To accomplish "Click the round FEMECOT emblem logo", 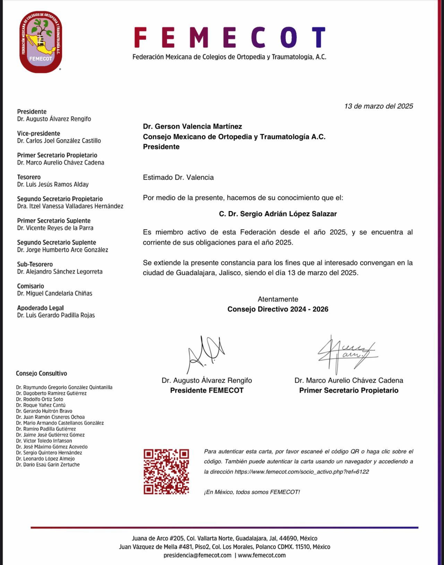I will [x=41, y=42].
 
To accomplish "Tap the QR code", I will [x=166, y=471].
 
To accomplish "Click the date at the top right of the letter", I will [x=378, y=106].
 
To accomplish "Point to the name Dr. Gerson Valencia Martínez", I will [x=193, y=127].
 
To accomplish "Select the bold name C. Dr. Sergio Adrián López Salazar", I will [x=278, y=214].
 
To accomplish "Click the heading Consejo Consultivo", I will [x=41, y=374].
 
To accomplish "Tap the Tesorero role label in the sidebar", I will [x=29, y=177].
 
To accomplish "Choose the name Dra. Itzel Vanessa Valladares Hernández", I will [x=70, y=206].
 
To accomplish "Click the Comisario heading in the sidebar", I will [x=31, y=286].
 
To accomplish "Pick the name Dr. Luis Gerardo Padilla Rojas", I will [x=56, y=315].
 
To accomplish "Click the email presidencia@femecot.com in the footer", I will [x=197, y=555].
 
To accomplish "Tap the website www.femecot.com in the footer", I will [x=262, y=555].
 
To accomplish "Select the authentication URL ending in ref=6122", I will [x=301, y=472].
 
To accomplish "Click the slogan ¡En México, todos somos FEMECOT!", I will [x=252, y=492].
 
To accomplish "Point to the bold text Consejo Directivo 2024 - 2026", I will [x=278, y=309].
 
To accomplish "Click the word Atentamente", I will [x=278, y=299].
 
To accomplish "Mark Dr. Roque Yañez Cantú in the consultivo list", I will [x=41, y=405].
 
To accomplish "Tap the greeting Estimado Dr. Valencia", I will [x=178, y=178].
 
